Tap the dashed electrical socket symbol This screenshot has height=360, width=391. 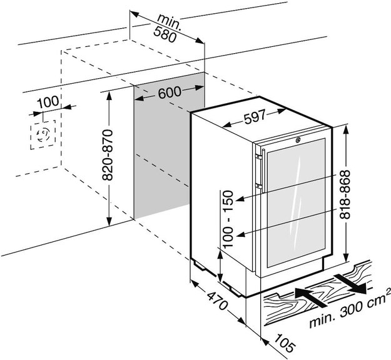point(43,136)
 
